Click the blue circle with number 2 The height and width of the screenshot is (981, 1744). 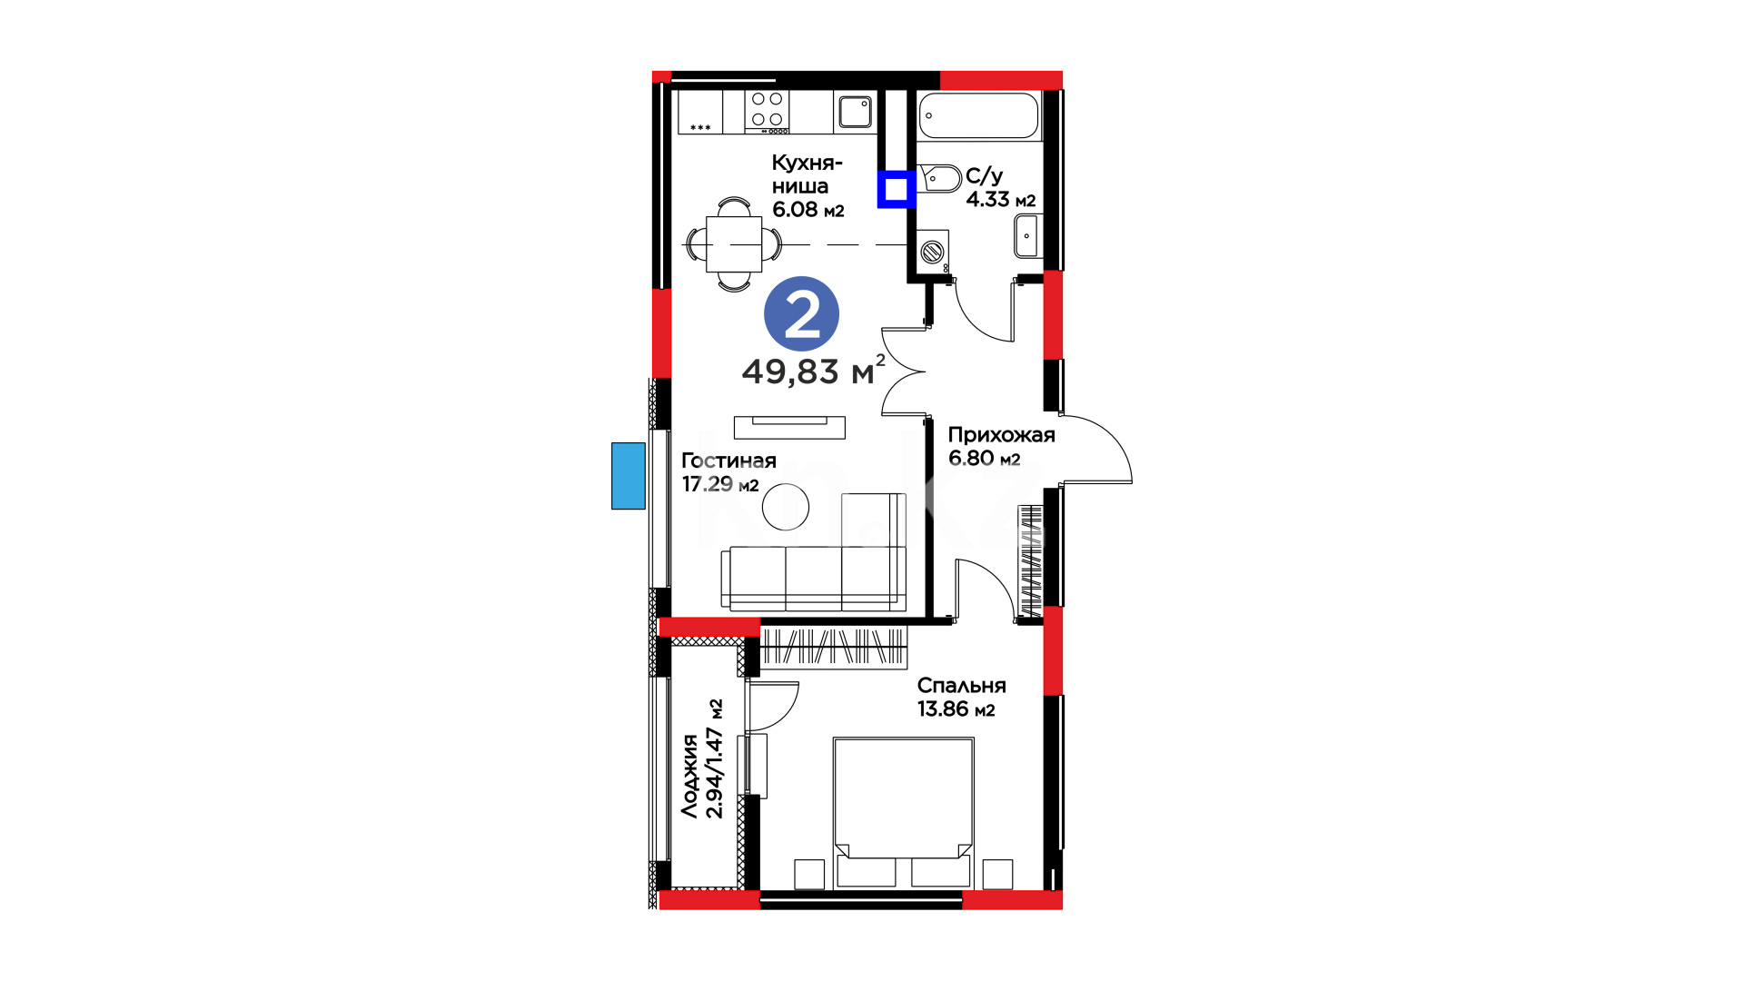tap(801, 314)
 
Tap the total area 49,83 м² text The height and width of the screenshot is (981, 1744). tap(813, 371)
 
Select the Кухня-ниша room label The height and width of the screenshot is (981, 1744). tap(807, 174)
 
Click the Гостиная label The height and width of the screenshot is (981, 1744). tap(728, 461)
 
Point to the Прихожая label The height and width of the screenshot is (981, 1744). tap(1001, 435)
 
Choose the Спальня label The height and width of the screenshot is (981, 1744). tap(961, 686)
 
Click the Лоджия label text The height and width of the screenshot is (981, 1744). tap(690, 776)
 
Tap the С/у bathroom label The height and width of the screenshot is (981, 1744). tap(984, 175)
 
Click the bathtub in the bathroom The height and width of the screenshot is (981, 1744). tap(978, 115)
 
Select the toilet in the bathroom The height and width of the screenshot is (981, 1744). tap(940, 179)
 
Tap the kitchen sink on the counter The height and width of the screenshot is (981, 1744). tap(855, 112)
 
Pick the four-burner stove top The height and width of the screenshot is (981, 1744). tap(767, 111)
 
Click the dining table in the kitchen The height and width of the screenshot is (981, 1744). tap(734, 244)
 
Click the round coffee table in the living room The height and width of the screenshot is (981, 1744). tap(786, 507)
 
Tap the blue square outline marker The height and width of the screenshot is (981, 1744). tap(897, 190)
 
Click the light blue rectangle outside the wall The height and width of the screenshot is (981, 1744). tap(628, 476)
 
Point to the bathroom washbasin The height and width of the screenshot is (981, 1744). tap(1026, 237)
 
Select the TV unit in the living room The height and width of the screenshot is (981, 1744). tap(789, 427)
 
